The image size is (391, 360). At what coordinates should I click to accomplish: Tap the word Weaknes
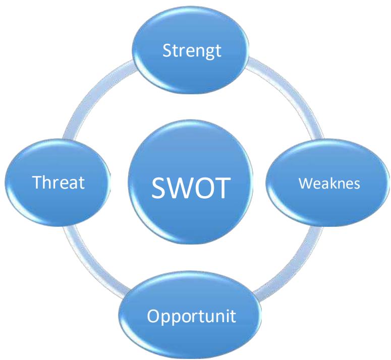click(x=329, y=184)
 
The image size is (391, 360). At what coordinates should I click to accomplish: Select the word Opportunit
click(x=192, y=318)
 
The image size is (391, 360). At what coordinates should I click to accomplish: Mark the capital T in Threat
click(x=37, y=183)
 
